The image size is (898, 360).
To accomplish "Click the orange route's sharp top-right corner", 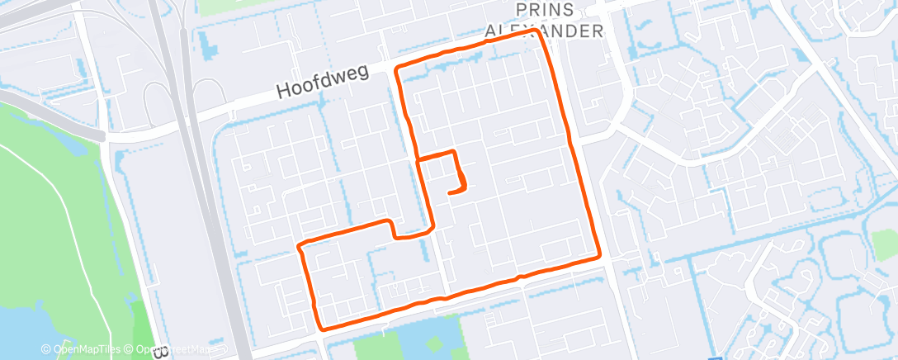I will click(537, 31).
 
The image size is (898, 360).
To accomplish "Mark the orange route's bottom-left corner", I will click(322, 327).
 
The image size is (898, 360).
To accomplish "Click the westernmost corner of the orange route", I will click(300, 245).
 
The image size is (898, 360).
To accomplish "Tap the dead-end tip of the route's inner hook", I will click(450, 192).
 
